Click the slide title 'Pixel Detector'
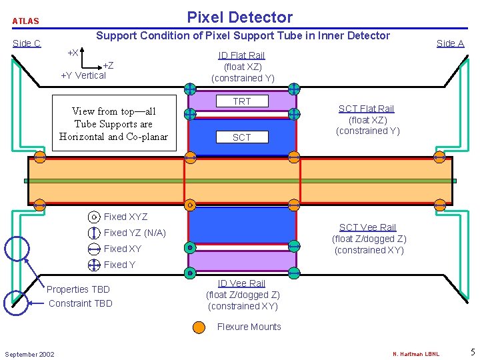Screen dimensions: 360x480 [x=239, y=17]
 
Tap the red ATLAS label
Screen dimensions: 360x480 [x=26, y=21]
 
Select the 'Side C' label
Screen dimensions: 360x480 [x=27, y=43]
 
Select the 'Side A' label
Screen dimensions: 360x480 [x=450, y=43]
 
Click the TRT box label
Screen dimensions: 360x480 [x=241, y=101]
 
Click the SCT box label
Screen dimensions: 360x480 [x=241, y=137]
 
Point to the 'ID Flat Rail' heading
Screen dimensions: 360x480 [x=241, y=55]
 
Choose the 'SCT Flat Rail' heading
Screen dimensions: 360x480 [x=366, y=109]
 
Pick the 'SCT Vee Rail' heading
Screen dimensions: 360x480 [x=367, y=227]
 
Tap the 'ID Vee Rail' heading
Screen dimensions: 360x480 [x=241, y=283]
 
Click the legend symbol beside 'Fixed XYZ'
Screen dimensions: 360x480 [x=94, y=217]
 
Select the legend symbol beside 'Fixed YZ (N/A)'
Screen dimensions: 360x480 [x=94, y=233]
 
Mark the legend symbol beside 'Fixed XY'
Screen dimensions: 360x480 [x=94, y=249]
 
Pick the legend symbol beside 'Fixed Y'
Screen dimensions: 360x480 [x=94, y=265]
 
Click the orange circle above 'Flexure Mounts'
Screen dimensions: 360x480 [x=199, y=327]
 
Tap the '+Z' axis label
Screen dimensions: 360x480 [x=107, y=65]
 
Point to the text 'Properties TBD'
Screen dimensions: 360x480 [x=78, y=289]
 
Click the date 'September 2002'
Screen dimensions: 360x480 [x=29, y=354]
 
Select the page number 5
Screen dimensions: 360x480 [x=472, y=352]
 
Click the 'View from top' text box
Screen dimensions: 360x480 [x=113, y=124]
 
